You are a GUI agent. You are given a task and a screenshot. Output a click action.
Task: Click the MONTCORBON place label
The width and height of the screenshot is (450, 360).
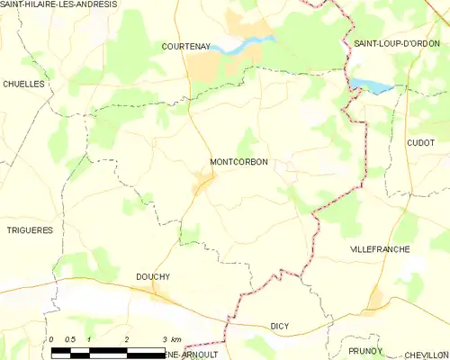tap(238, 162)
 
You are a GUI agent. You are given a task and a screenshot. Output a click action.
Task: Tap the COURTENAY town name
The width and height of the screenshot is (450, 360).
tap(186, 45)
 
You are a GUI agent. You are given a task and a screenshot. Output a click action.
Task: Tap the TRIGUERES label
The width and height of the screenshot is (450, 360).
tap(29, 229)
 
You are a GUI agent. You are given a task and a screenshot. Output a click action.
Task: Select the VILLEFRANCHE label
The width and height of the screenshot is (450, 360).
tap(379, 248)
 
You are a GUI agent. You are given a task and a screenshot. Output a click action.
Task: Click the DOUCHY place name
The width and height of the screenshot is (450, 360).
tap(153, 276)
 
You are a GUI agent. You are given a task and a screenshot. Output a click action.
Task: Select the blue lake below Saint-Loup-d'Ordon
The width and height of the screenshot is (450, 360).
tap(371, 85)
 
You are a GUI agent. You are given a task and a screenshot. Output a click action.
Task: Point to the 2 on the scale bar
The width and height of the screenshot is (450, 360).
tap(127, 338)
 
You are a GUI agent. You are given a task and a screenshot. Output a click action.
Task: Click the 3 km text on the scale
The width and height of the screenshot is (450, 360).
tap(170, 338)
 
